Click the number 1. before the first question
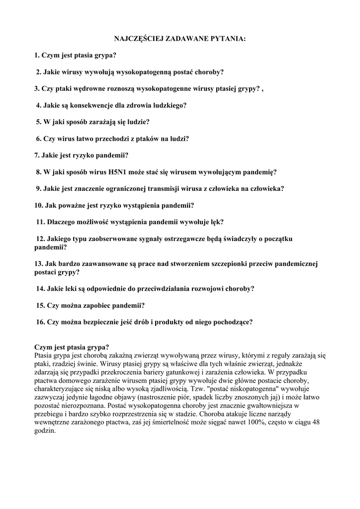[x=37, y=55]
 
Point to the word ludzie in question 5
[x=137, y=122]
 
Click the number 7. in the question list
[x=37, y=155]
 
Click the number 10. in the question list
[x=39, y=205]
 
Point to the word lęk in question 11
[x=217, y=222]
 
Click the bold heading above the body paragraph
[x=72, y=347]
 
